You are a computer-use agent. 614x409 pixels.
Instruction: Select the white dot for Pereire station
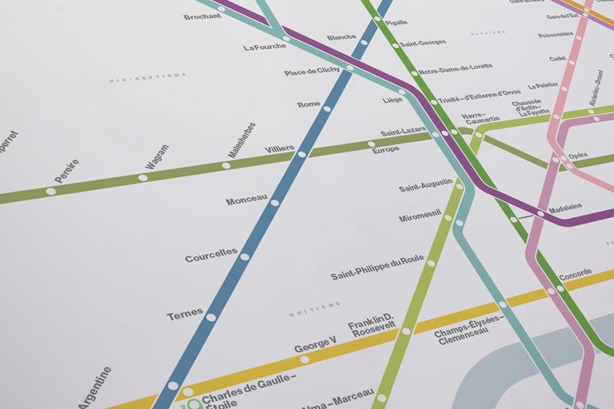coord(51,191)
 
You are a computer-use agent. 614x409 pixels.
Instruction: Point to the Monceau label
coord(246,201)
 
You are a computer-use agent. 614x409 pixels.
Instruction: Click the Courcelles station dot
coord(244,257)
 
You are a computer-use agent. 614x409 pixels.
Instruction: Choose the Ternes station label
coord(184,315)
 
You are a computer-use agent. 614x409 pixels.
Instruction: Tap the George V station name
coord(315,343)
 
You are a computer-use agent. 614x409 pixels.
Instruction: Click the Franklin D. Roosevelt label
coord(372,325)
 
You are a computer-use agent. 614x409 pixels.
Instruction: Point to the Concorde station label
coord(575,274)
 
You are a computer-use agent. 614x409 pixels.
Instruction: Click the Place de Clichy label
coord(312,72)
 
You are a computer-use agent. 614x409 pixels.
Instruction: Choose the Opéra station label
coord(578,155)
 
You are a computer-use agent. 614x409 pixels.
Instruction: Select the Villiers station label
coord(279,148)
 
